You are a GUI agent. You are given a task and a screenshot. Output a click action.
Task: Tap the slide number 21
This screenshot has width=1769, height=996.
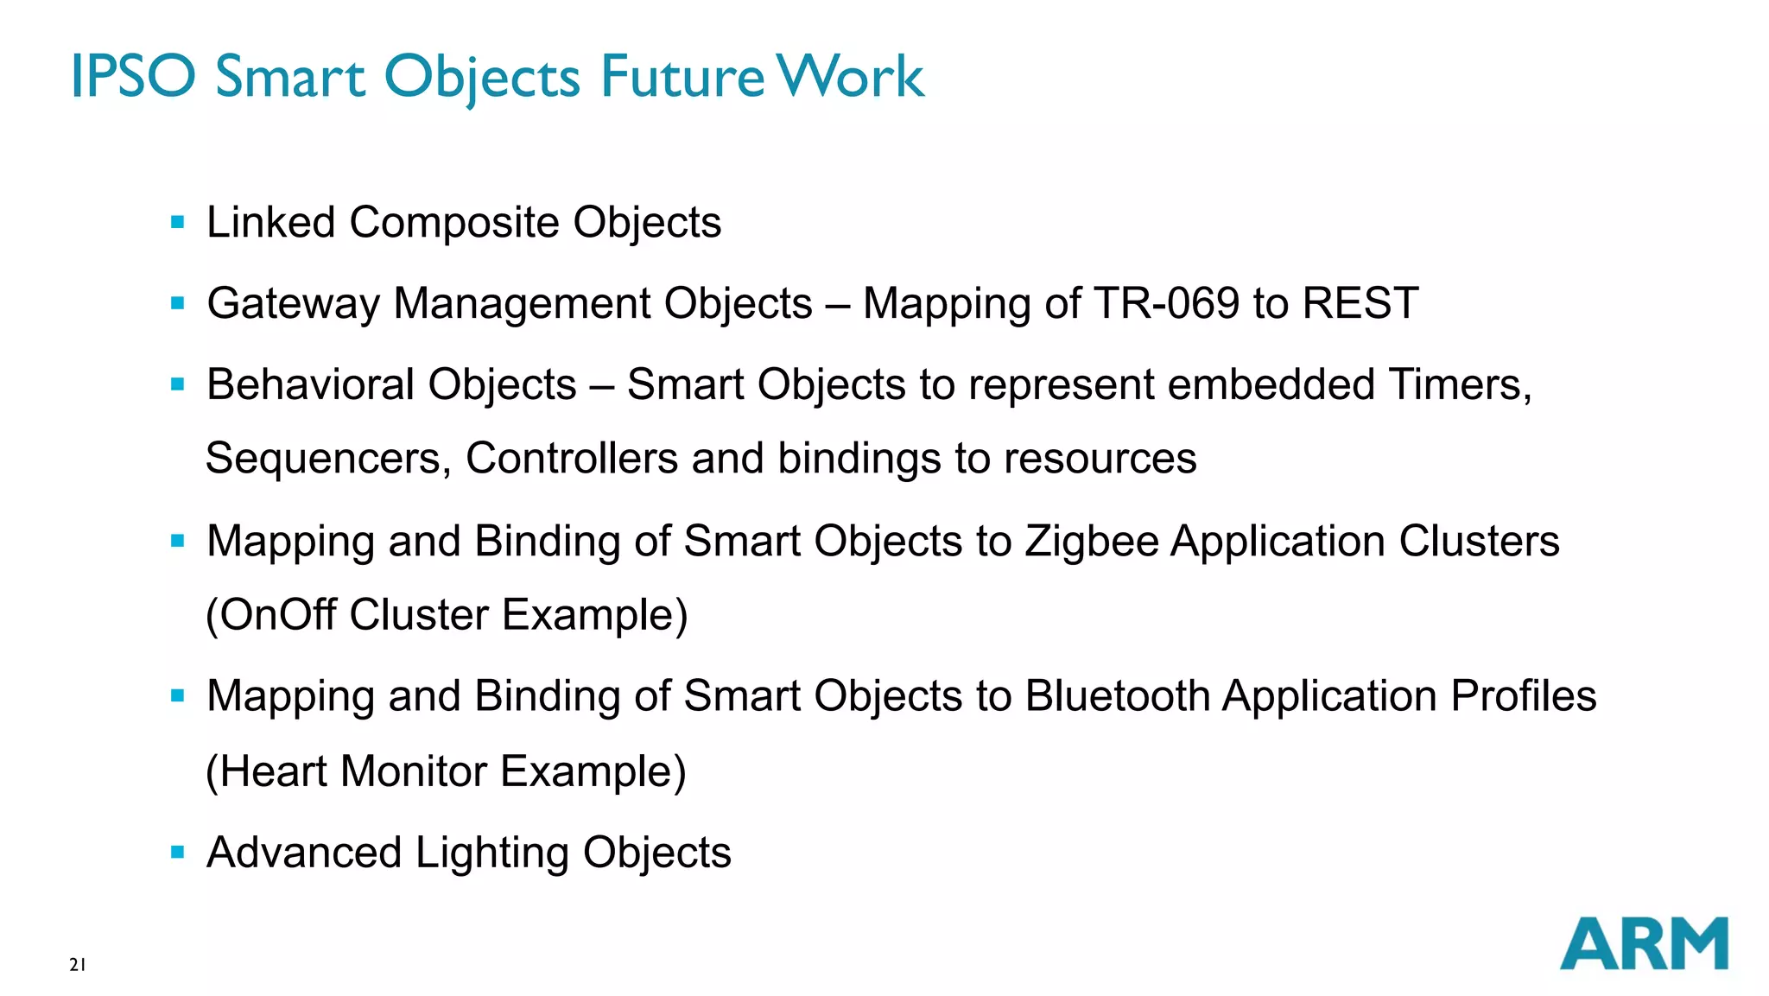point(78,965)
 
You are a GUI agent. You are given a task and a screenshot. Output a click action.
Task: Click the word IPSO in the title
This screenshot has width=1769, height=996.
point(133,76)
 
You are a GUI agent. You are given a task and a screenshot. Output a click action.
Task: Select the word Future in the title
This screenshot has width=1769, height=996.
point(682,76)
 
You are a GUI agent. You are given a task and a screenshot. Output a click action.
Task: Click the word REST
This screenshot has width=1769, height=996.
point(1360,303)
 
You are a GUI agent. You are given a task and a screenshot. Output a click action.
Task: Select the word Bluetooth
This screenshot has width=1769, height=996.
point(1118,696)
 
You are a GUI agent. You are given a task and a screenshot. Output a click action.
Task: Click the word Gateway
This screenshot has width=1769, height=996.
point(294,304)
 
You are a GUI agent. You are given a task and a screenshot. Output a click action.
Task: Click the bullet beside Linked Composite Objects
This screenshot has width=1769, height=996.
point(178,223)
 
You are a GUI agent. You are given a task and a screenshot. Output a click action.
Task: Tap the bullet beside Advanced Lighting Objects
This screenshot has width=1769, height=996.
point(178,853)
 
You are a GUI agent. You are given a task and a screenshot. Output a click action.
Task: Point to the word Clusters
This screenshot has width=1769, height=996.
point(1479,542)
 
